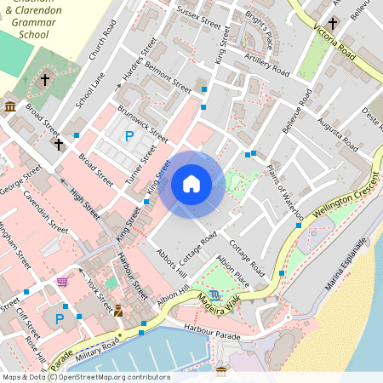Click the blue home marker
[x=191, y=184]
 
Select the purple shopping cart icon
[x=61, y=281]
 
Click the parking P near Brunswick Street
[x=129, y=135]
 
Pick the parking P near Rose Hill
[x=60, y=319]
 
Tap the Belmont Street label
[x=169, y=76]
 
